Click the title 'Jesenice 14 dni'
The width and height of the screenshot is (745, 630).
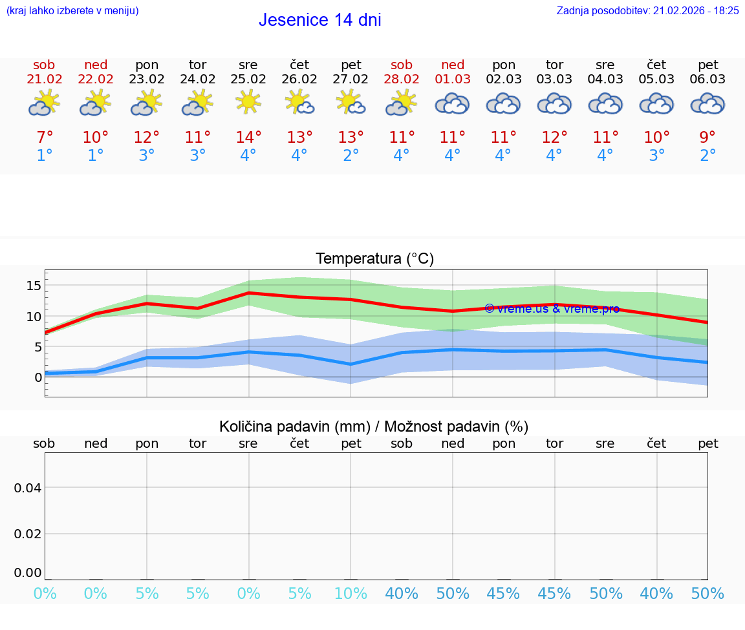[319, 20]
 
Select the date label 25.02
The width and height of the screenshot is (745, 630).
[248, 79]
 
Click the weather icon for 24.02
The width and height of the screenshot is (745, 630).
[197, 103]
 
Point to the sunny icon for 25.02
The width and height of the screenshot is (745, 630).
[248, 102]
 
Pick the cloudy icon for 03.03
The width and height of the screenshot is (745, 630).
[554, 103]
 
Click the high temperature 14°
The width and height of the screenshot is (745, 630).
[248, 137]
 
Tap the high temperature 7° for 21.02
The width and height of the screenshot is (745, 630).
[44, 137]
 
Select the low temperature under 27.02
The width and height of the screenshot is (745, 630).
[351, 156]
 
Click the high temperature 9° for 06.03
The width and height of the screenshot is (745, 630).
[707, 137]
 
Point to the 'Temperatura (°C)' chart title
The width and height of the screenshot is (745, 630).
[374, 259]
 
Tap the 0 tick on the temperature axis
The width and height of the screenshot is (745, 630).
[38, 377]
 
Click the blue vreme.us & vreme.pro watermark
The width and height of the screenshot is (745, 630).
[552, 309]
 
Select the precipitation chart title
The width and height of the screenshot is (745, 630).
[374, 426]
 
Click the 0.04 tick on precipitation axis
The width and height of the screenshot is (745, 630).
[28, 488]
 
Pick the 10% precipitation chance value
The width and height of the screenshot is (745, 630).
[351, 593]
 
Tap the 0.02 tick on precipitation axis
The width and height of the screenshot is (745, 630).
[28, 534]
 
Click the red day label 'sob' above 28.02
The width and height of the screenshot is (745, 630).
[402, 65]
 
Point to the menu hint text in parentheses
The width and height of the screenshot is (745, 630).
[72, 10]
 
